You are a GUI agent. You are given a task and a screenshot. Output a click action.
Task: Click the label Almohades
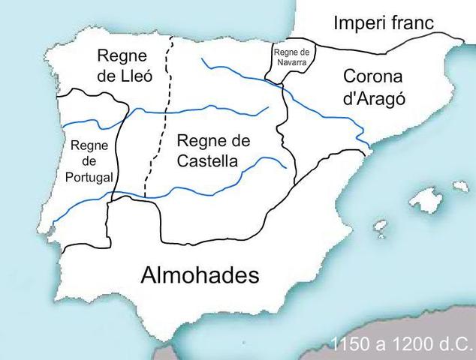(x=200, y=275)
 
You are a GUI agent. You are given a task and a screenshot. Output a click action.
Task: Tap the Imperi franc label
(x=384, y=23)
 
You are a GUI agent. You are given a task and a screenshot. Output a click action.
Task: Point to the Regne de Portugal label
(x=89, y=161)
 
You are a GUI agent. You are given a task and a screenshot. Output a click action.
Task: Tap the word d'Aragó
(x=372, y=98)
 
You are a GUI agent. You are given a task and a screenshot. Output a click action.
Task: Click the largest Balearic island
(x=426, y=199)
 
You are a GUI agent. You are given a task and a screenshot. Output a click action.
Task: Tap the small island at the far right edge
(x=459, y=185)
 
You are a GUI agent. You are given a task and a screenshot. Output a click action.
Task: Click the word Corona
(x=373, y=76)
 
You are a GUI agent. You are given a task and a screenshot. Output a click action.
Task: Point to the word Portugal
(x=89, y=177)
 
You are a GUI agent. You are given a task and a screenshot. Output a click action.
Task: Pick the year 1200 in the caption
(x=410, y=345)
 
